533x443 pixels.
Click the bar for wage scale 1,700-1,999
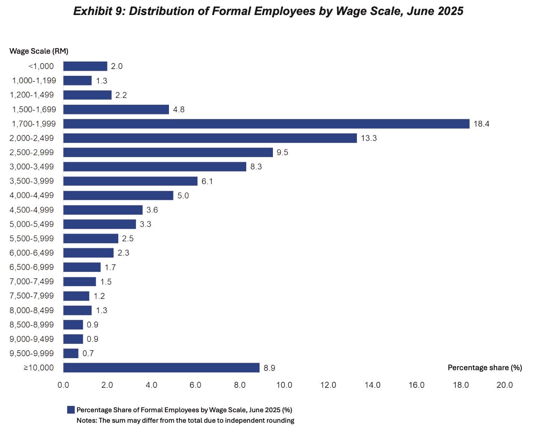coord(266,124)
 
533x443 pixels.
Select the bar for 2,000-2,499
coord(210,138)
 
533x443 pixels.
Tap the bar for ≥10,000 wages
coord(161,368)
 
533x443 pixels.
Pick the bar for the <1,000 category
coord(85,66)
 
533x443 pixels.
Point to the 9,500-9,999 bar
coord(71,353)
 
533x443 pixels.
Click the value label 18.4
coord(481,124)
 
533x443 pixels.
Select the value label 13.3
coord(369,138)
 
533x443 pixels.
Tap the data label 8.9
coord(269,368)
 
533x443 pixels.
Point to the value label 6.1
coord(207,181)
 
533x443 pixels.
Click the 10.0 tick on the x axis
coord(284,385)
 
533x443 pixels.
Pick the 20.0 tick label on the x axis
coord(504,385)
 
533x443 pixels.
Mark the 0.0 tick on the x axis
coord(63,385)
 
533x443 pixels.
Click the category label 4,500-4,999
coord(32,210)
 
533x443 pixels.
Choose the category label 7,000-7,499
coord(32,282)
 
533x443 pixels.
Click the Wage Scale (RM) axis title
coord(39,51)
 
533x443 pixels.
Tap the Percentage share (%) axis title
coord(485,368)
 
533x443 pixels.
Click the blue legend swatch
coord(71,410)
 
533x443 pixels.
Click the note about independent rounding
coord(185,420)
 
